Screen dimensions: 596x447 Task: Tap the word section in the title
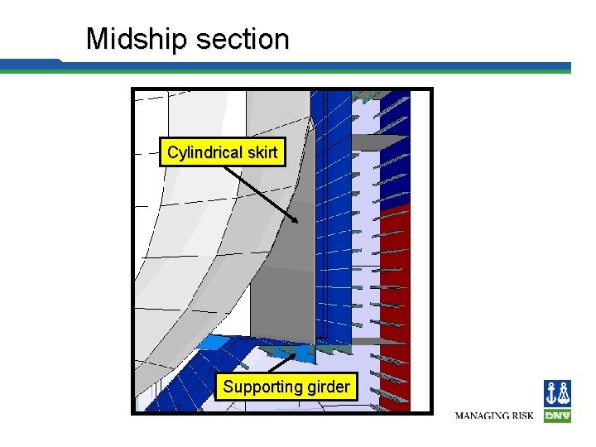click(243, 39)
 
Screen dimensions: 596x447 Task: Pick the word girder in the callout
click(329, 387)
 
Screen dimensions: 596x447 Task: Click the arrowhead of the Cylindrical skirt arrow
click(296, 219)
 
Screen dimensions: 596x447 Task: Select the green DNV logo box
click(557, 416)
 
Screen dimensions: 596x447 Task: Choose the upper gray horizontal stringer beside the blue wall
click(381, 142)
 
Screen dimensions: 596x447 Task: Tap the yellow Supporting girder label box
click(286, 387)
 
